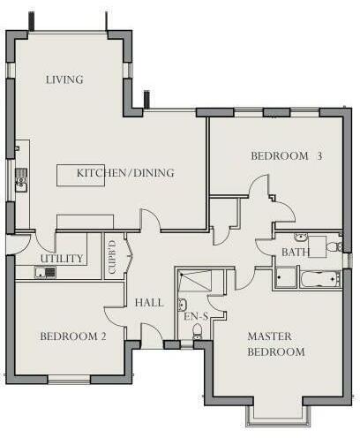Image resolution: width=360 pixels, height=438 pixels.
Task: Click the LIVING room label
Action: tap(64, 80)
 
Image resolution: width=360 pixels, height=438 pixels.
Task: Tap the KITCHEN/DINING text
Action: tap(125, 173)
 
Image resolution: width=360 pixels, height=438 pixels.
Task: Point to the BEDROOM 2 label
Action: tap(73, 336)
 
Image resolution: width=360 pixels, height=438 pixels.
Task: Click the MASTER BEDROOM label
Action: tap(275, 344)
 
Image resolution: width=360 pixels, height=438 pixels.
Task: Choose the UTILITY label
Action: tap(62, 259)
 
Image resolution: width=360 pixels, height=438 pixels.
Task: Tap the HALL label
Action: tap(148, 303)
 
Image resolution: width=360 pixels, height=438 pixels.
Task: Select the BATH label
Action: tap(295, 253)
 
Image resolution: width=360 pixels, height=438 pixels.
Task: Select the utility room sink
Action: tap(44, 272)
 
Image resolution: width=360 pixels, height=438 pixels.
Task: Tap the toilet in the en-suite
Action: tap(197, 332)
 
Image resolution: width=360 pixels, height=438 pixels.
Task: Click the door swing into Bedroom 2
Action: tap(116, 316)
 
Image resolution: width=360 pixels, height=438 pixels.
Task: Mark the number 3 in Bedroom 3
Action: tap(319, 156)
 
